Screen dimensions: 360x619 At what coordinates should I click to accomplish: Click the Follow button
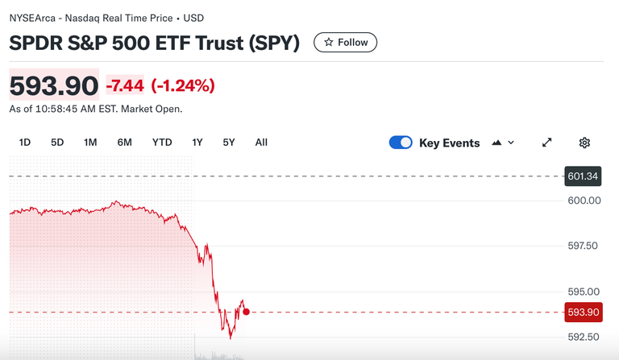coord(345,43)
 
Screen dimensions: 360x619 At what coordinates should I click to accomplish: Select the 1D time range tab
coord(25,143)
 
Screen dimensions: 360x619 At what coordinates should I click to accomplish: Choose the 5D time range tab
coord(57,143)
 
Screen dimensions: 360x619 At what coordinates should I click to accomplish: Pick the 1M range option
coord(90,143)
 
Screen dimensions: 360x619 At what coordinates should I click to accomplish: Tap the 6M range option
coord(124,143)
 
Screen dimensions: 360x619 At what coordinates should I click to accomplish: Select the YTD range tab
coord(162,143)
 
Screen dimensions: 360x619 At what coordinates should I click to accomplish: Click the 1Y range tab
coord(197,143)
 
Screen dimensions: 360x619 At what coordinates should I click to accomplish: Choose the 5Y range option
coord(229,143)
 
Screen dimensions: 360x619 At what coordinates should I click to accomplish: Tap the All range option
coord(261,143)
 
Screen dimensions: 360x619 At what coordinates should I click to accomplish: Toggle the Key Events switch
coord(401,143)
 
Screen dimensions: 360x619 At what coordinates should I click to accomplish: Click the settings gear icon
coord(584,143)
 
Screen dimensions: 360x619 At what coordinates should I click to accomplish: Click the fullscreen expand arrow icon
coord(546,143)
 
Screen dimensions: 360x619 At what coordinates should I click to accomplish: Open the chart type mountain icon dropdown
coord(502,143)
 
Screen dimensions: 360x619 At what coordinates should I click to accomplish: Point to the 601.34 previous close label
coord(583,176)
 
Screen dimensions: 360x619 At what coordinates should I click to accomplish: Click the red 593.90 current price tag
coord(583,312)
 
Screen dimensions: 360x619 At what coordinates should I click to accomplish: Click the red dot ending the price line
coord(246,312)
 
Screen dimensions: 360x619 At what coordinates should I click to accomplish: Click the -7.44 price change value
coord(125,85)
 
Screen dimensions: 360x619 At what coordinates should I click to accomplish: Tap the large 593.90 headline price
coord(53,85)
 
